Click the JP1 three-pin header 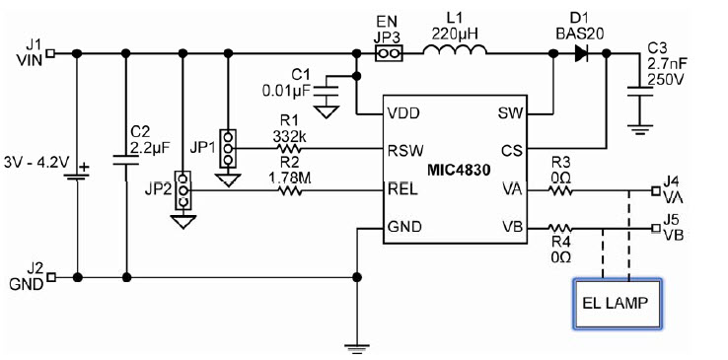(228, 150)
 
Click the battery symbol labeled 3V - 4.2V (77, 178)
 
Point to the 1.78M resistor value (289, 178)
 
